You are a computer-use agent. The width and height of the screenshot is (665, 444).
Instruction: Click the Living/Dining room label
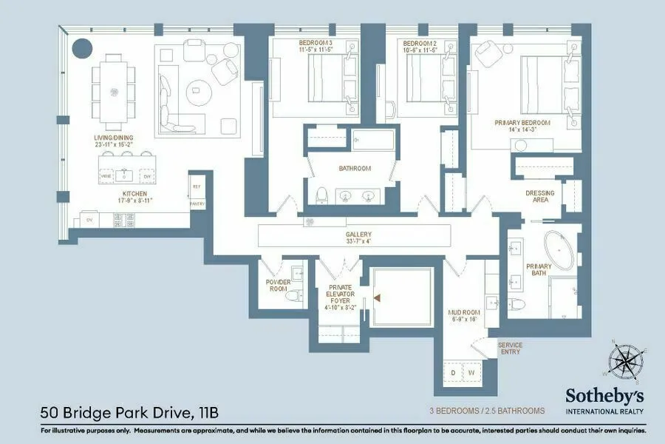(112, 141)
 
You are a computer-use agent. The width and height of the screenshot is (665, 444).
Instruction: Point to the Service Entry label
(509, 348)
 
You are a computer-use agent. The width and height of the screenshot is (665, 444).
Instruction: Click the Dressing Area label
(539, 196)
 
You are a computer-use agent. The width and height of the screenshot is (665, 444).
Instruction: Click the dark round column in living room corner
(81, 49)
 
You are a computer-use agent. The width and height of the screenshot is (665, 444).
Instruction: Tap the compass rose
(624, 362)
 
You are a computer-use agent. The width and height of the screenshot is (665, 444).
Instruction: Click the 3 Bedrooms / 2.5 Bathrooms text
(486, 411)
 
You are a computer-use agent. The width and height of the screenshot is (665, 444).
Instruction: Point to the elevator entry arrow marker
(378, 297)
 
